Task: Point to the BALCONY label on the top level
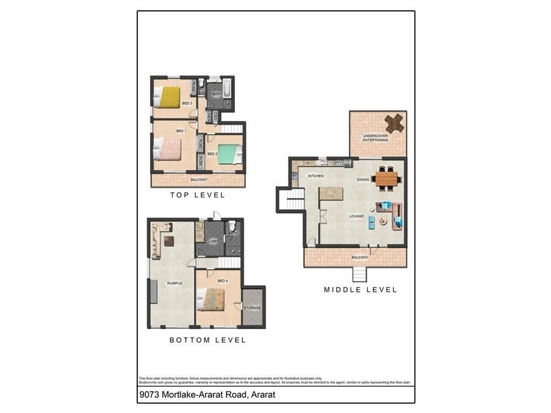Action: (x=198, y=180)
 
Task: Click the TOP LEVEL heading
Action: (x=198, y=195)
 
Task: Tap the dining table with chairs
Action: (x=386, y=180)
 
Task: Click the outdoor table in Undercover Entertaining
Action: (x=395, y=123)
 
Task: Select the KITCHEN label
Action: (x=315, y=176)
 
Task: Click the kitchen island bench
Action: (x=331, y=193)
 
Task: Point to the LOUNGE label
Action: (x=356, y=216)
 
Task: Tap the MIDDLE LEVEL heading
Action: (x=360, y=290)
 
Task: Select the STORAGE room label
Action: (x=252, y=308)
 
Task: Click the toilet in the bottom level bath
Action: (x=232, y=226)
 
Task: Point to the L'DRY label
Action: (x=214, y=241)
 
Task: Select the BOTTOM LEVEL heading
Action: (x=207, y=340)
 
